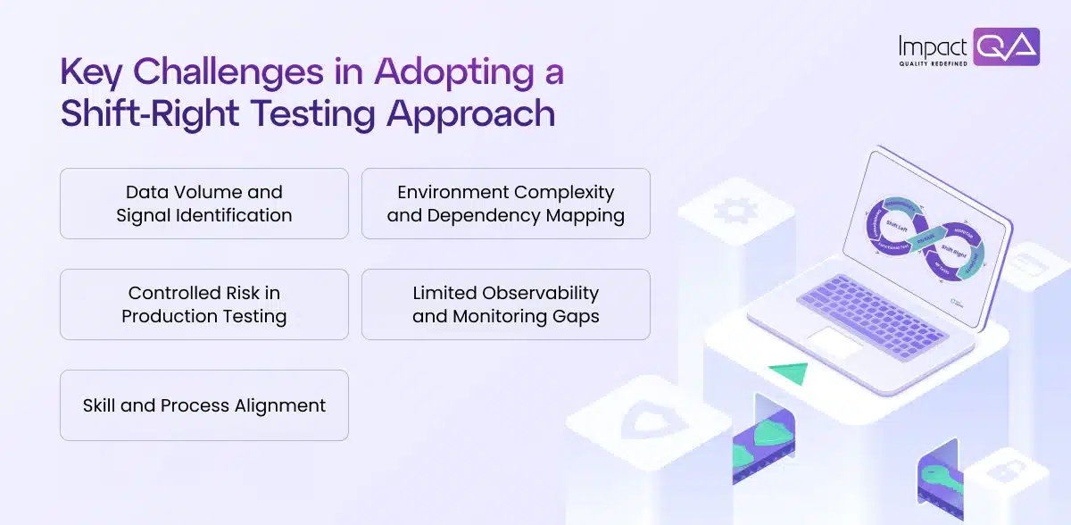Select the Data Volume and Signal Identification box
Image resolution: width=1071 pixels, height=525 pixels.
203,204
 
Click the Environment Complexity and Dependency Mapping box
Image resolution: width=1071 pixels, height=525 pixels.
505,204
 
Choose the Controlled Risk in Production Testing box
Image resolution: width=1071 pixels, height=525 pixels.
203,304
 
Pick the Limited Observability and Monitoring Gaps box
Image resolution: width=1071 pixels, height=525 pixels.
505,304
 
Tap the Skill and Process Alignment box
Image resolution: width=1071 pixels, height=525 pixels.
203,405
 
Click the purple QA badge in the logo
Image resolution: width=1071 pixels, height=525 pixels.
1007,46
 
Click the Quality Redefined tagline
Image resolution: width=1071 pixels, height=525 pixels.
934,64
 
